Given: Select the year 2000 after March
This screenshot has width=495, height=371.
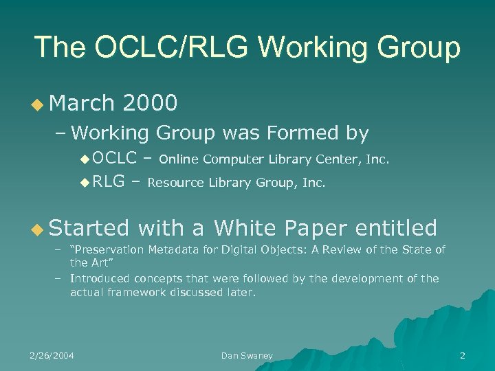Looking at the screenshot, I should tap(149, 103).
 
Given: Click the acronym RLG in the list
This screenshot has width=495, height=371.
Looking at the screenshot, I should tap(109, 182).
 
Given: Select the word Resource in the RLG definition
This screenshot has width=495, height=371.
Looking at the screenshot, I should tap(176, 183).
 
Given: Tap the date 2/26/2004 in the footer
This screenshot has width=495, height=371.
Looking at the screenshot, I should tap(52, 355).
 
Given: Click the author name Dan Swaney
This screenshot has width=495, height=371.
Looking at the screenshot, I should tap(247, 355).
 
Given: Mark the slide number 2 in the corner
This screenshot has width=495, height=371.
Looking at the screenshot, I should tap(462, 355).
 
